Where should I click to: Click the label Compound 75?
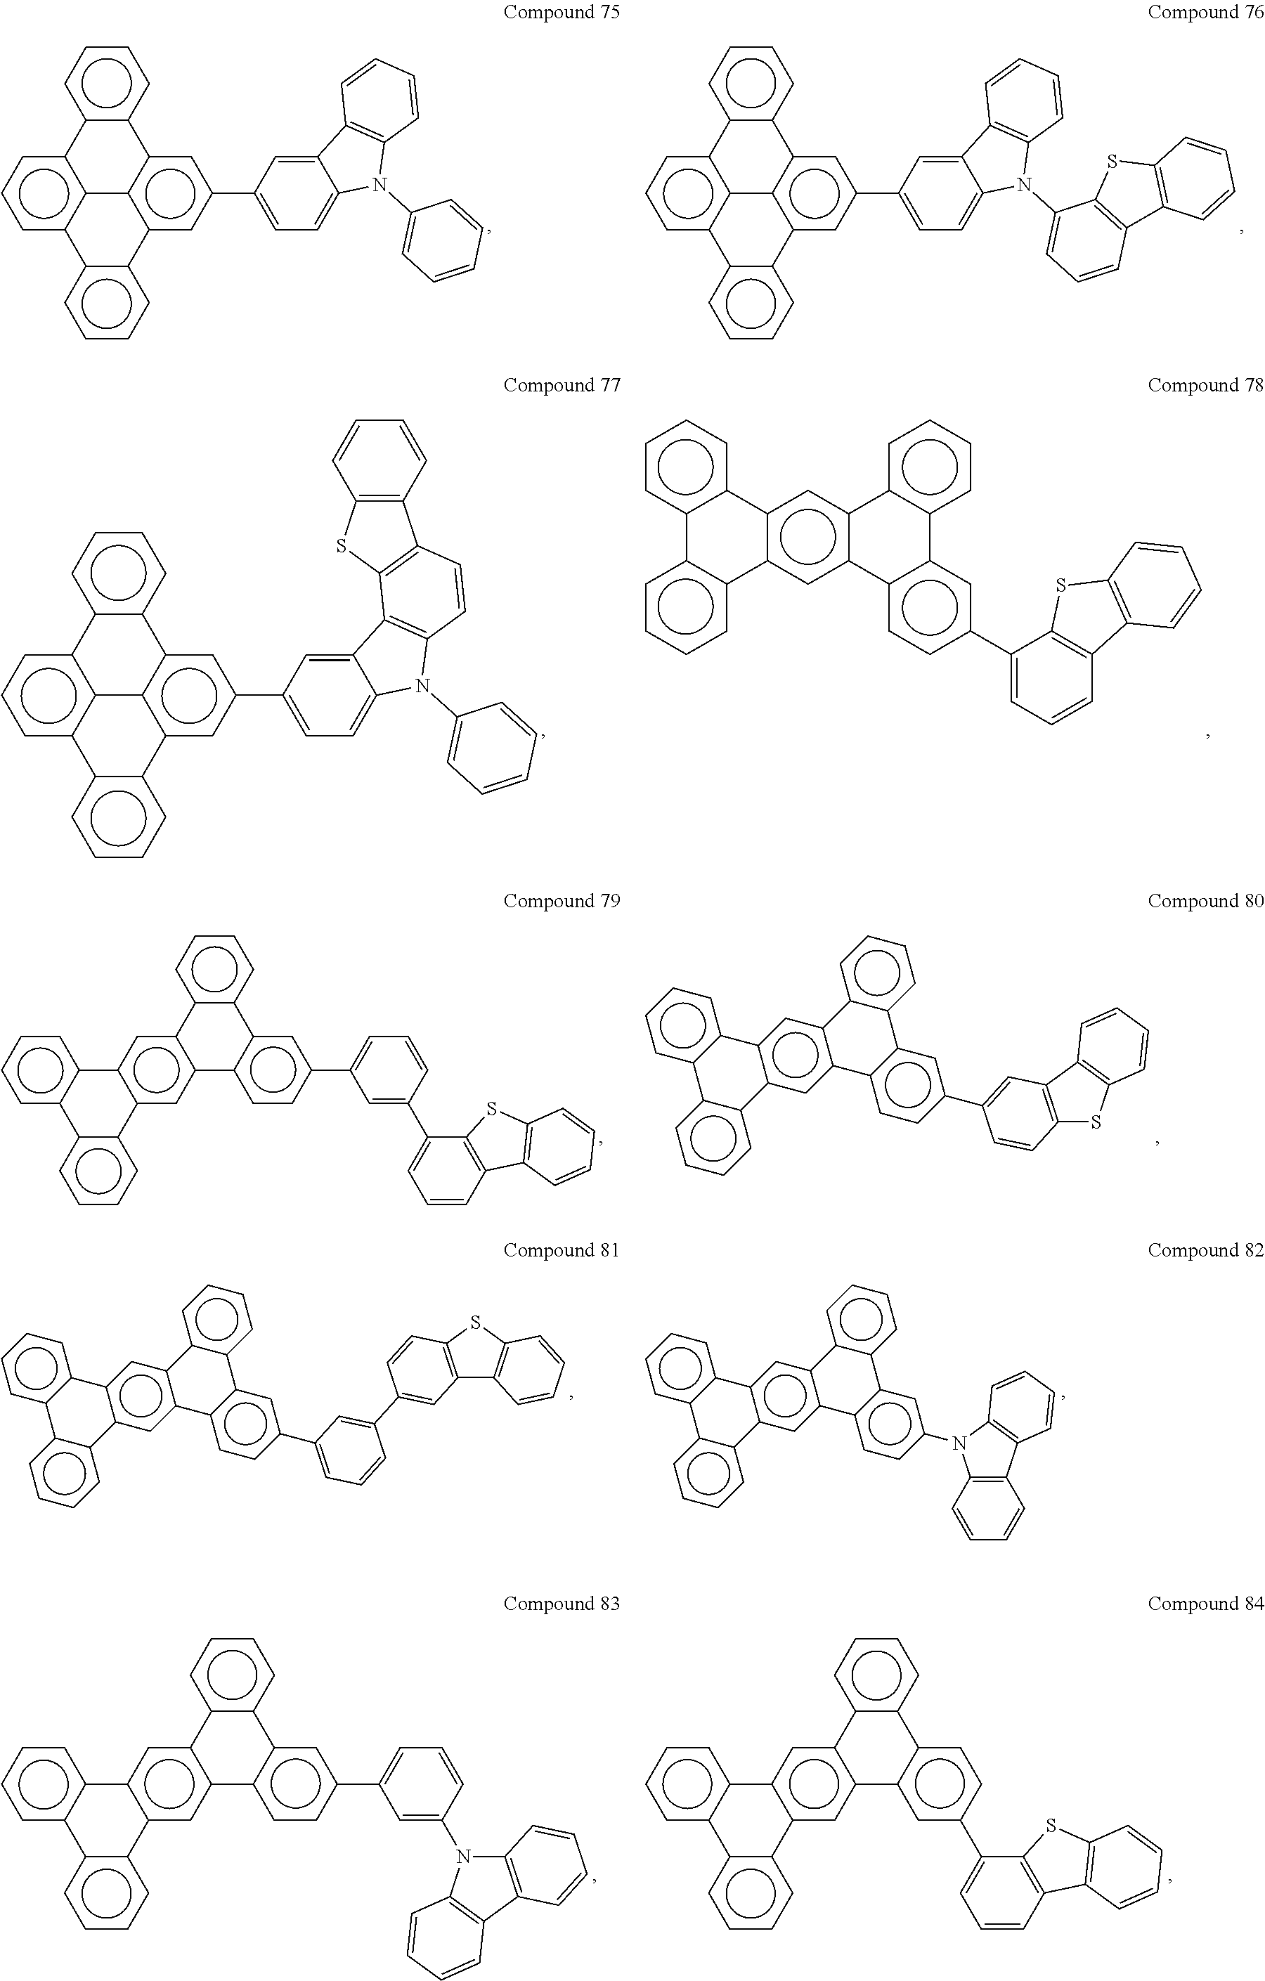[x=562, y=13]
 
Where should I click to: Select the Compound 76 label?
[x=1206, y=13]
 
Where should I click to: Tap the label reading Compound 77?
[x=562, y=385]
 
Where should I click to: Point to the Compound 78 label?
[x=1206, y=385]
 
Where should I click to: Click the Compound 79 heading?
[x=562, y=901]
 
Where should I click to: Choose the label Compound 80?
[x=1206, y=901]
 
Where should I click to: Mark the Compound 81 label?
[x=562, y=1250]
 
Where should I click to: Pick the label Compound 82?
[x=1206, y=1250]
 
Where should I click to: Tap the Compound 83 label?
[x=562, y=1604]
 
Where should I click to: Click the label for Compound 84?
[x=1206, y=1604]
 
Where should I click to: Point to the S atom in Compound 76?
[x=1112, y=162]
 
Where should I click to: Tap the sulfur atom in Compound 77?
[x=341, y=545]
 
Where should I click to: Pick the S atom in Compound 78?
[x=1060, y=586]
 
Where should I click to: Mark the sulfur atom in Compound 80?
[x=1095, y=1122]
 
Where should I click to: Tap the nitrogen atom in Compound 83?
[x=464, y=1856]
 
